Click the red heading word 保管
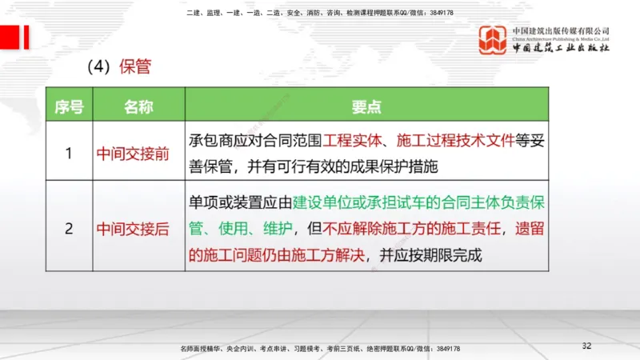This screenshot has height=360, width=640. point(135,66)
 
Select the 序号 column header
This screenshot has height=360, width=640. point(70,106)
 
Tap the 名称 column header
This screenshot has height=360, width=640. point(138,106)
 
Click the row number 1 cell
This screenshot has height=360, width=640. point(70,152)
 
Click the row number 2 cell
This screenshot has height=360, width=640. point(70,228)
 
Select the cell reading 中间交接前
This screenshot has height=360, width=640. point(133,153)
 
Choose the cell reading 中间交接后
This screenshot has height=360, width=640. point(133,229)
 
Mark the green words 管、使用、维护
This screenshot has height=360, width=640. point(241,229)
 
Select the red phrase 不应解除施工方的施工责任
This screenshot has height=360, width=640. point(413,229)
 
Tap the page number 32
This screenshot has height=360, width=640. point(586,346)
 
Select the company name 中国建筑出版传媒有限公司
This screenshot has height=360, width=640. point(561,30)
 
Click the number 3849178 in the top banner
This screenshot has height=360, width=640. point(438,13)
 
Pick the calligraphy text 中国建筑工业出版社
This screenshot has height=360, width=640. point(561,49)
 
